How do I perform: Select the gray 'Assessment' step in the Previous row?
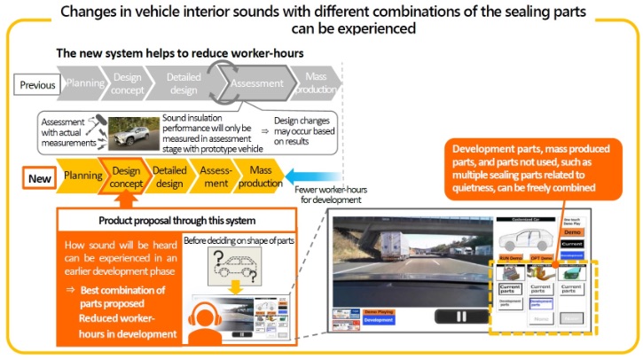click(x=257, y=85)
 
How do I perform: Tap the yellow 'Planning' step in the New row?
click(x=82, y=176)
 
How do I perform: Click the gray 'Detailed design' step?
click(x=184, y=85)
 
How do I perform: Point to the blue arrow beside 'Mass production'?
click(x=307, y=176)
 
